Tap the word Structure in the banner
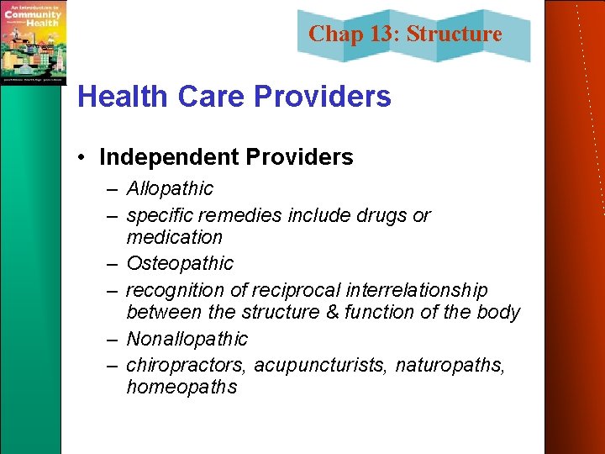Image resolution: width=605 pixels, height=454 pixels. [x=455, y=34]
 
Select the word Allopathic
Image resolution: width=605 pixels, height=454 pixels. [x=170, y=188]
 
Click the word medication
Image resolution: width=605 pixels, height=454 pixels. [x=174, y=237]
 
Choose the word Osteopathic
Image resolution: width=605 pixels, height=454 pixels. [x=180, y=263]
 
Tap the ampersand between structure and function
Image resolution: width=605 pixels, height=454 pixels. [x=326, y=313]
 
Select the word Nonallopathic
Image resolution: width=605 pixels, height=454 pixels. [x=187, y=339]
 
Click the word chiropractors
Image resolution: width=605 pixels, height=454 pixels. [x=187, y=365]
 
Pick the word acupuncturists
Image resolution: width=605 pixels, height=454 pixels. [x=318, y=365]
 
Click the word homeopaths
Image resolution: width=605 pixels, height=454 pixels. [x=181, y=387]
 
